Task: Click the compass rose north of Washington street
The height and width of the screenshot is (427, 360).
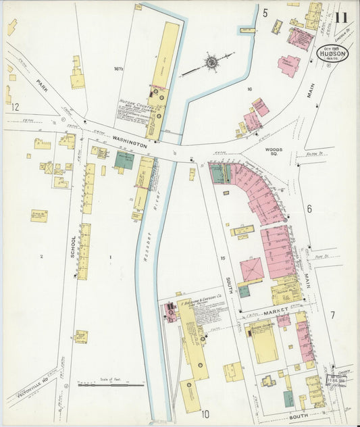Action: [211, 63]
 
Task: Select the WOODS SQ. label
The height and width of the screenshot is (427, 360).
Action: [274, 151]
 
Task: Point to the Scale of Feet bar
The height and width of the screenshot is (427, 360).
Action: [111, 384]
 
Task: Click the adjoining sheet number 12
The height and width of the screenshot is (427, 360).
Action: [15, 107]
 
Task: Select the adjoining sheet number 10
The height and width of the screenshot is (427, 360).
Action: [205, 413]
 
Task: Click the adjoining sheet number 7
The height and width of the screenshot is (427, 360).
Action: [332, 315]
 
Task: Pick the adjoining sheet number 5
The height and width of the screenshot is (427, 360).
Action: [265, 13]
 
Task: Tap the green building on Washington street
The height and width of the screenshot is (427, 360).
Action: [124, 159]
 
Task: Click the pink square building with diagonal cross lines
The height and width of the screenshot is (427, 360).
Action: [252, 270]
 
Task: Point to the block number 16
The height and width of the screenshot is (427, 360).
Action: [249, 89]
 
